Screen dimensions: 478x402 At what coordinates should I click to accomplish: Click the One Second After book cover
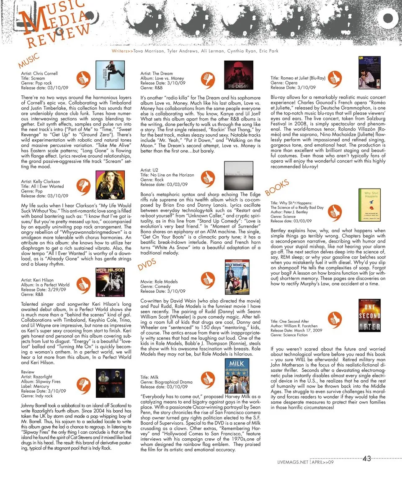(370, 317)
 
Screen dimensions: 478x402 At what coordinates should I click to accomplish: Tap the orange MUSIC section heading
(28, 61)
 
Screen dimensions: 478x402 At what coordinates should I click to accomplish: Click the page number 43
(367, 459)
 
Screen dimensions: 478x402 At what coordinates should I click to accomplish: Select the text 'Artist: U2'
(149, 170)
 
